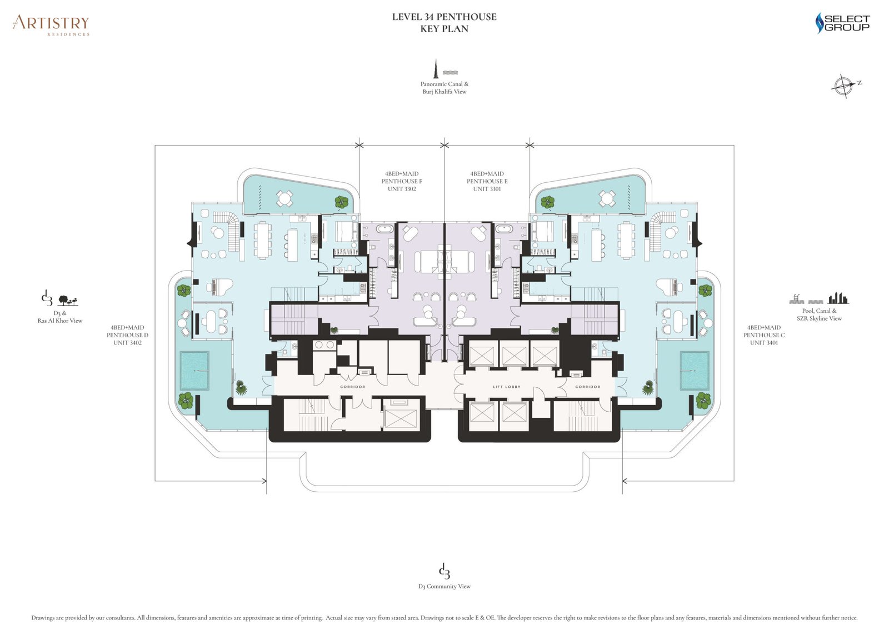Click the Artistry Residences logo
51,25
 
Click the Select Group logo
842,23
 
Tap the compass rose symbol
843,86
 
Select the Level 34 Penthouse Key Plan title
444,23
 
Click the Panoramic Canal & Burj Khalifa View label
444,88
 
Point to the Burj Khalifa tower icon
437,68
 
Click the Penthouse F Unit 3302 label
401,181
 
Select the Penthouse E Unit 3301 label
487,181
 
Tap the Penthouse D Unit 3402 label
127,335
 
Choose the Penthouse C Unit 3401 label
764,335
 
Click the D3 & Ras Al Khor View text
60,317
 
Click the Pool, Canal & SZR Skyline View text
819,314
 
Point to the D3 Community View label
444,586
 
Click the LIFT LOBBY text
506,387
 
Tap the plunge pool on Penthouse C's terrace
695,371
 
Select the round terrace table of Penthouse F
284,197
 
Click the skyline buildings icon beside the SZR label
838,298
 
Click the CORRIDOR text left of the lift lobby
353,387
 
